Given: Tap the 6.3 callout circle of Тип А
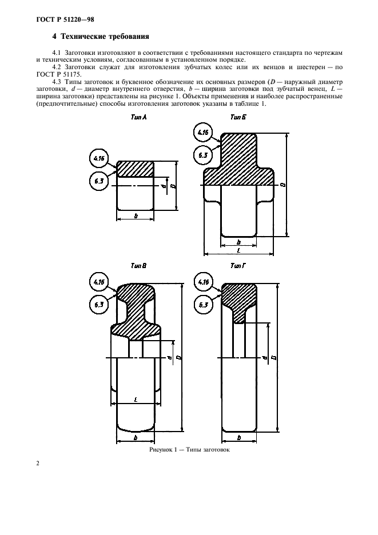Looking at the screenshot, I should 100,181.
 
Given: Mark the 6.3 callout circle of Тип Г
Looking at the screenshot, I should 203,305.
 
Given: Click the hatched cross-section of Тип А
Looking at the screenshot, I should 135,169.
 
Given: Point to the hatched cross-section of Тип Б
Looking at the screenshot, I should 238,160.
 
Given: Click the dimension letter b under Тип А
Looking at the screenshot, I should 136,216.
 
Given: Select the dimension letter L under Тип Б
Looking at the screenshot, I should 238,250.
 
